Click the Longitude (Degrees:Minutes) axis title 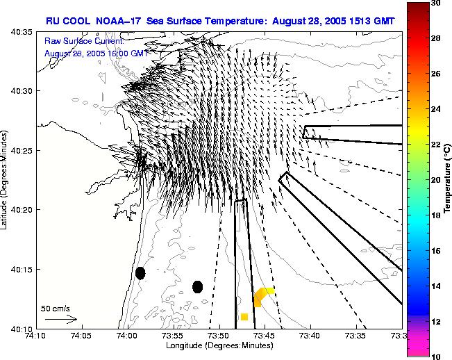coord(219,346)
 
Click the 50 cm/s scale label coord(55,308)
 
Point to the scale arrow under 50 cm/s coord(61,319)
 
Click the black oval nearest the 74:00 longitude coord(140,273)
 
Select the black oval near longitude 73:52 coord(197,287)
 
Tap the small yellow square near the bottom coord(244,317)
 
